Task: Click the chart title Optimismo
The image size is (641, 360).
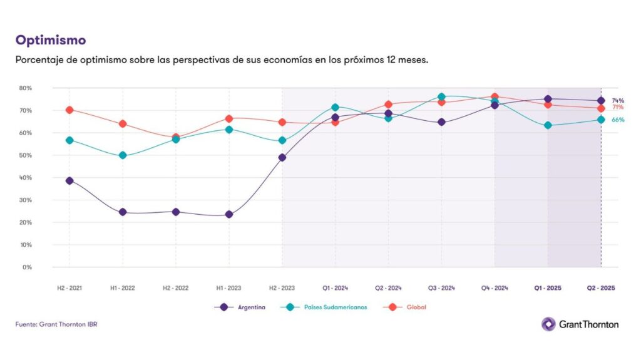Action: pos(51,40)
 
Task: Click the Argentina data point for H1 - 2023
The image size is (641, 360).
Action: pos(229,214)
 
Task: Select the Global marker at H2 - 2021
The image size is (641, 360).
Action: pos(69,110)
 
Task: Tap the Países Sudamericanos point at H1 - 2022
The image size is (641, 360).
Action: pos(123,155)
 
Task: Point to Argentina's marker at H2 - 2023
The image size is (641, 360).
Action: pos(282,157)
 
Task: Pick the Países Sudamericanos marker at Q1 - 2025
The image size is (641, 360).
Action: pos(548,125)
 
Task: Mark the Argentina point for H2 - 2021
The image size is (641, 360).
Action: pos(69,180)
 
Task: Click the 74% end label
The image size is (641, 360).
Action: pos(618,100)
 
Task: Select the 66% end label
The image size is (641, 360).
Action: pos(618,120)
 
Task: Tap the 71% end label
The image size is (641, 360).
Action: pos(618,108)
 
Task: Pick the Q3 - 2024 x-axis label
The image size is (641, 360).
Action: pos(441,288)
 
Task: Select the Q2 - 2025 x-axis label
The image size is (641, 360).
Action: pos(601,288)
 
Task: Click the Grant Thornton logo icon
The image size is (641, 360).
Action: pos(548,324)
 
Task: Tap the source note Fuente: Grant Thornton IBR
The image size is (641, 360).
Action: pos(56,324)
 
